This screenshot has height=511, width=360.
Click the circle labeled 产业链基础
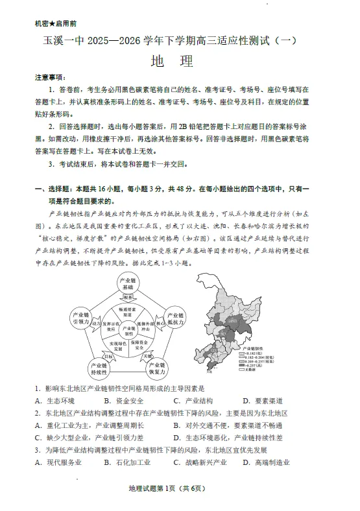coord(128,283)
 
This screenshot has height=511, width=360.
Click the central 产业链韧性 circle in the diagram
coord(129,331)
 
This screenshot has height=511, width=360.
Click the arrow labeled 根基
coord(128,298)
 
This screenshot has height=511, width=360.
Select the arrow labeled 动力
coord(96,322)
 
